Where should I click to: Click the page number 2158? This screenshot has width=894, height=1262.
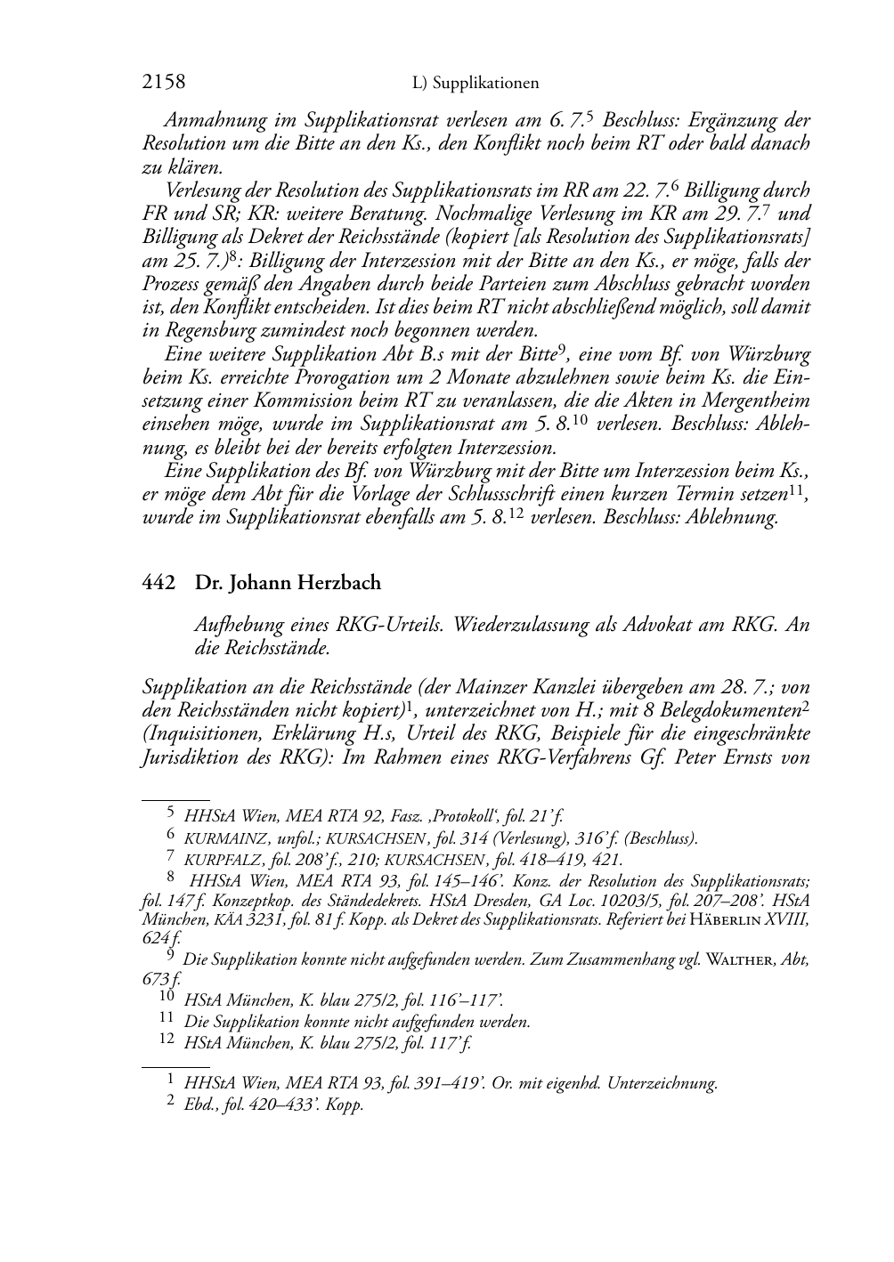[x=164, y=83]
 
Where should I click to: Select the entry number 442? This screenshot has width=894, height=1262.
[x=158, y=583]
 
